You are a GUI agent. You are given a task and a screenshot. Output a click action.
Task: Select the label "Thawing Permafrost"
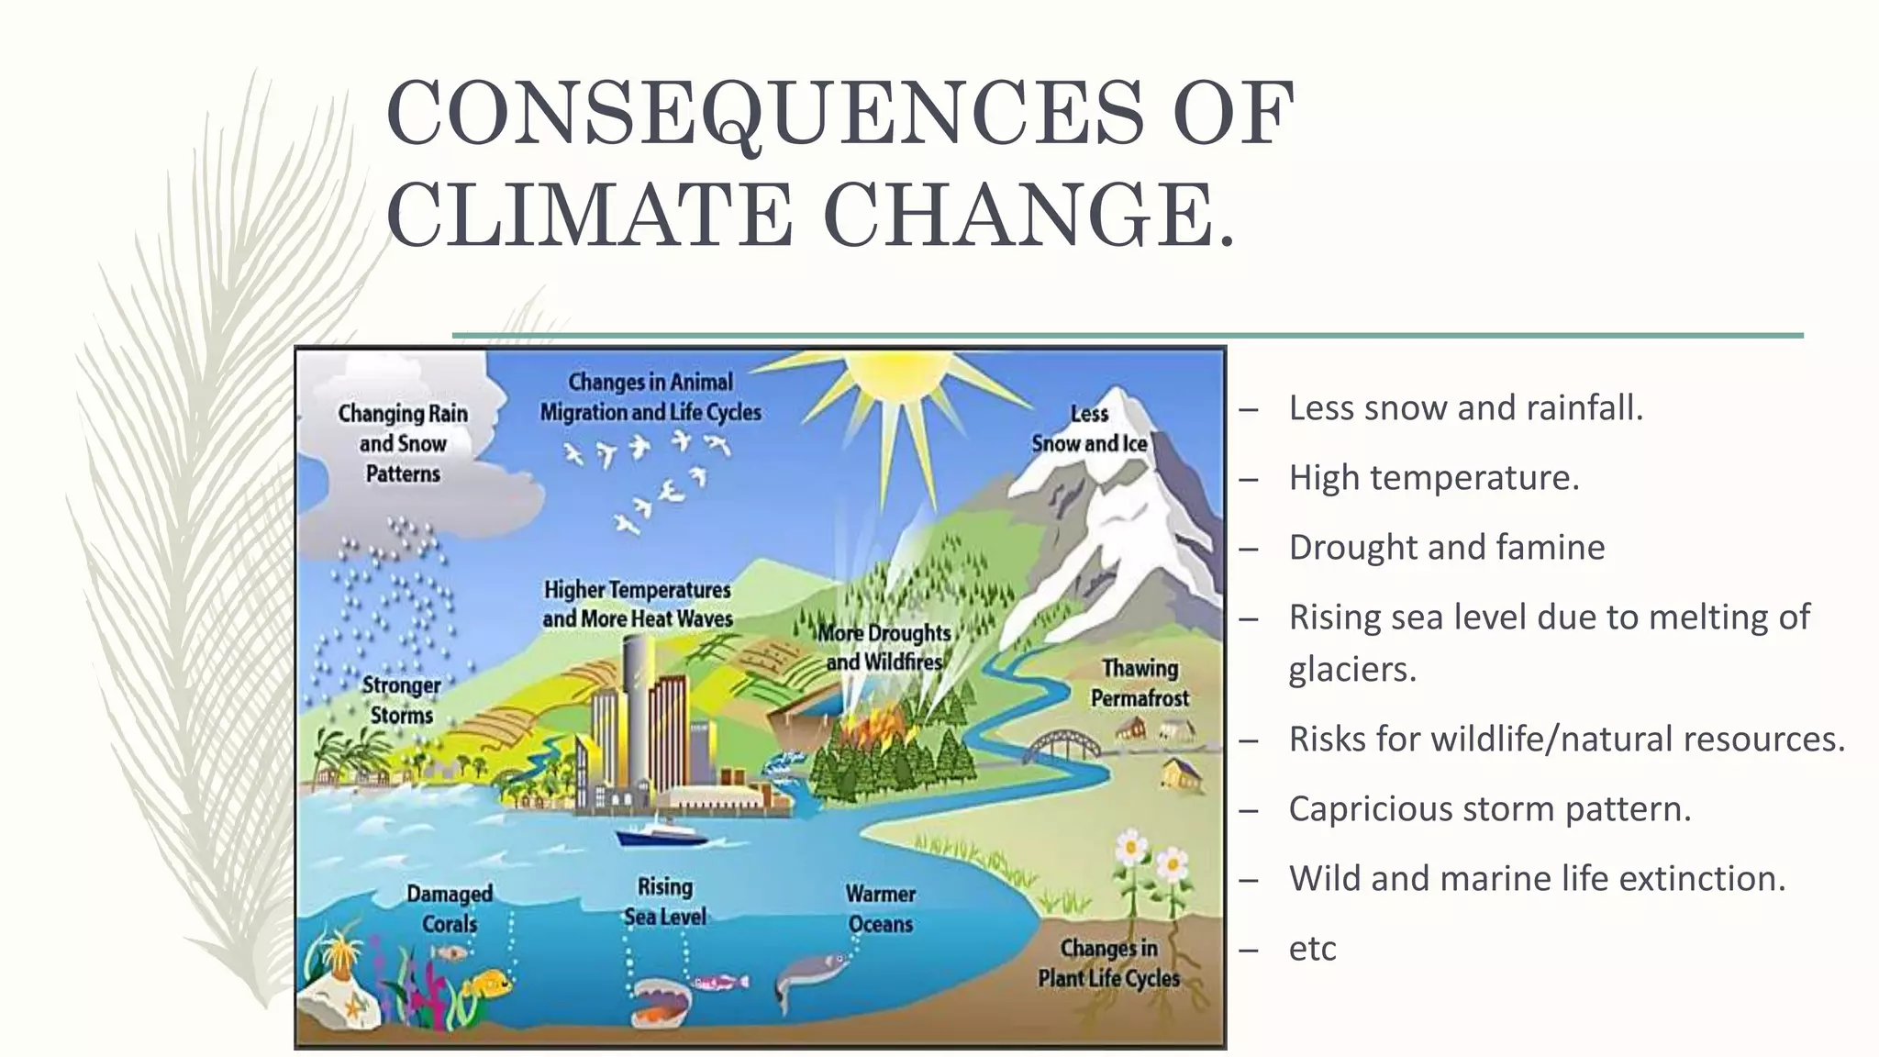click(x=1140, y=684)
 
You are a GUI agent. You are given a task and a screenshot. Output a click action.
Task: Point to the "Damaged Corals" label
click(x=450, y=908)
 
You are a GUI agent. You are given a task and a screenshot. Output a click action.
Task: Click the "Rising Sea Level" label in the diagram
click(x=665, y=901)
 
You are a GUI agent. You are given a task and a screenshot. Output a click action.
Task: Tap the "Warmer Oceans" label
click(x=881, y=908)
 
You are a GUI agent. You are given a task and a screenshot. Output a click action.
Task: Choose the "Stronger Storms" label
click(x=401, y=700)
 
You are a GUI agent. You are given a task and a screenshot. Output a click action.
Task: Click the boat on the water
click(x=660, y=832)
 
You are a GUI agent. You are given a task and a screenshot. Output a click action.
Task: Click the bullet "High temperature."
click(x=1433, y=478)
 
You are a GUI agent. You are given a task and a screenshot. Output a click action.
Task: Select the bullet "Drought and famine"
click(x=1447, y=548)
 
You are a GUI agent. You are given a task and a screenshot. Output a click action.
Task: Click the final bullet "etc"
click(x=1312, y=949)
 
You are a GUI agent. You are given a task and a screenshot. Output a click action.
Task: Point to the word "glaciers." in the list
click(x=1352, y=669)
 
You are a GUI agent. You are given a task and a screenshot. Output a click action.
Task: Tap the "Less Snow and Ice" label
click(x=1089, y=428)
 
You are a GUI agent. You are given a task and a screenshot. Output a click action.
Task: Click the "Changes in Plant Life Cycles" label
click(x=1108, y=963)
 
